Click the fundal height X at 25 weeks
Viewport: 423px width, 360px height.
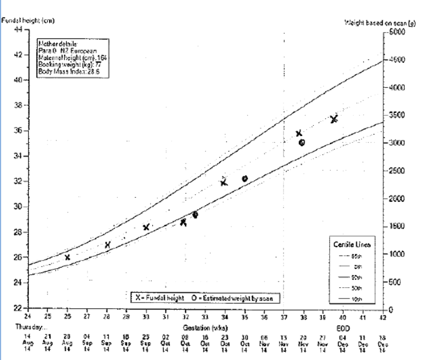pos(67,257)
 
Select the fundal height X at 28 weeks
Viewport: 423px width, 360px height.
pos(108,245)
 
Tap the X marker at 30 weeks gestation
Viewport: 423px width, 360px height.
pos(146,227)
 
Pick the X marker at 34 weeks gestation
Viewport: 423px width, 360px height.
pos(224,182)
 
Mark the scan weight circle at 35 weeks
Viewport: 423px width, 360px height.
pos(245,179)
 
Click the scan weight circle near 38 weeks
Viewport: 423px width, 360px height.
pos(302,142)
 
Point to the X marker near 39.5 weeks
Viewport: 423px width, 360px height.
pos(333,119)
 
